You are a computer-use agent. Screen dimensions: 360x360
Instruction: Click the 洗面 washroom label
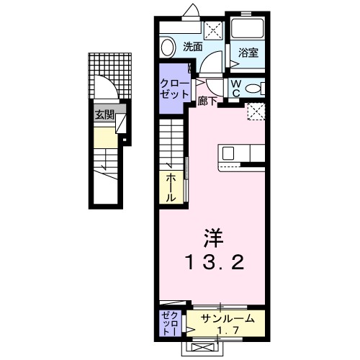(192, 47)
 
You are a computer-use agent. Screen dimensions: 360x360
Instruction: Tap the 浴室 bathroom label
(248, 52)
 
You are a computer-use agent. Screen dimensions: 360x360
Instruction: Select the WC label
(235, 87)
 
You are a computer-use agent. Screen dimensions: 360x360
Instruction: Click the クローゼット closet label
(173, 89)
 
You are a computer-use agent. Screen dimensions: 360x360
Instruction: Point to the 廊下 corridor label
(207, 102)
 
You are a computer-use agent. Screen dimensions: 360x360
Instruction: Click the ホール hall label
(171, 186)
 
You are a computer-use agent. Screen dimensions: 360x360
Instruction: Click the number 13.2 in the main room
(214, 263)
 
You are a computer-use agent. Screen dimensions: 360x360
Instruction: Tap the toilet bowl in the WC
(252, 89)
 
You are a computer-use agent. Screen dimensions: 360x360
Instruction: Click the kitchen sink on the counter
(228, 153)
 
